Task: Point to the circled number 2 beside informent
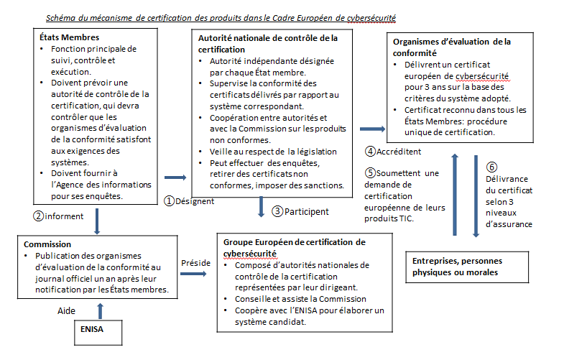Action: coord(40,215)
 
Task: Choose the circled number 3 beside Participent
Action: coord(277,211)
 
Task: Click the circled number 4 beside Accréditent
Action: coord(370,152)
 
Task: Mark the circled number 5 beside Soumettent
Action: coord(370,173)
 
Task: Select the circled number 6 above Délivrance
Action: coord(492,167)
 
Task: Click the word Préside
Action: coord(195,262)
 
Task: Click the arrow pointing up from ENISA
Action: coord(99,309)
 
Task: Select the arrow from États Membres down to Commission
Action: coord(96,218)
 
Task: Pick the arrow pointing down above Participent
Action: coord(261,206)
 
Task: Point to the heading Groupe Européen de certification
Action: coord(294,242)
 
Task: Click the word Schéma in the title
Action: coord(63,16)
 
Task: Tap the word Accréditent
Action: coord(400,152)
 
